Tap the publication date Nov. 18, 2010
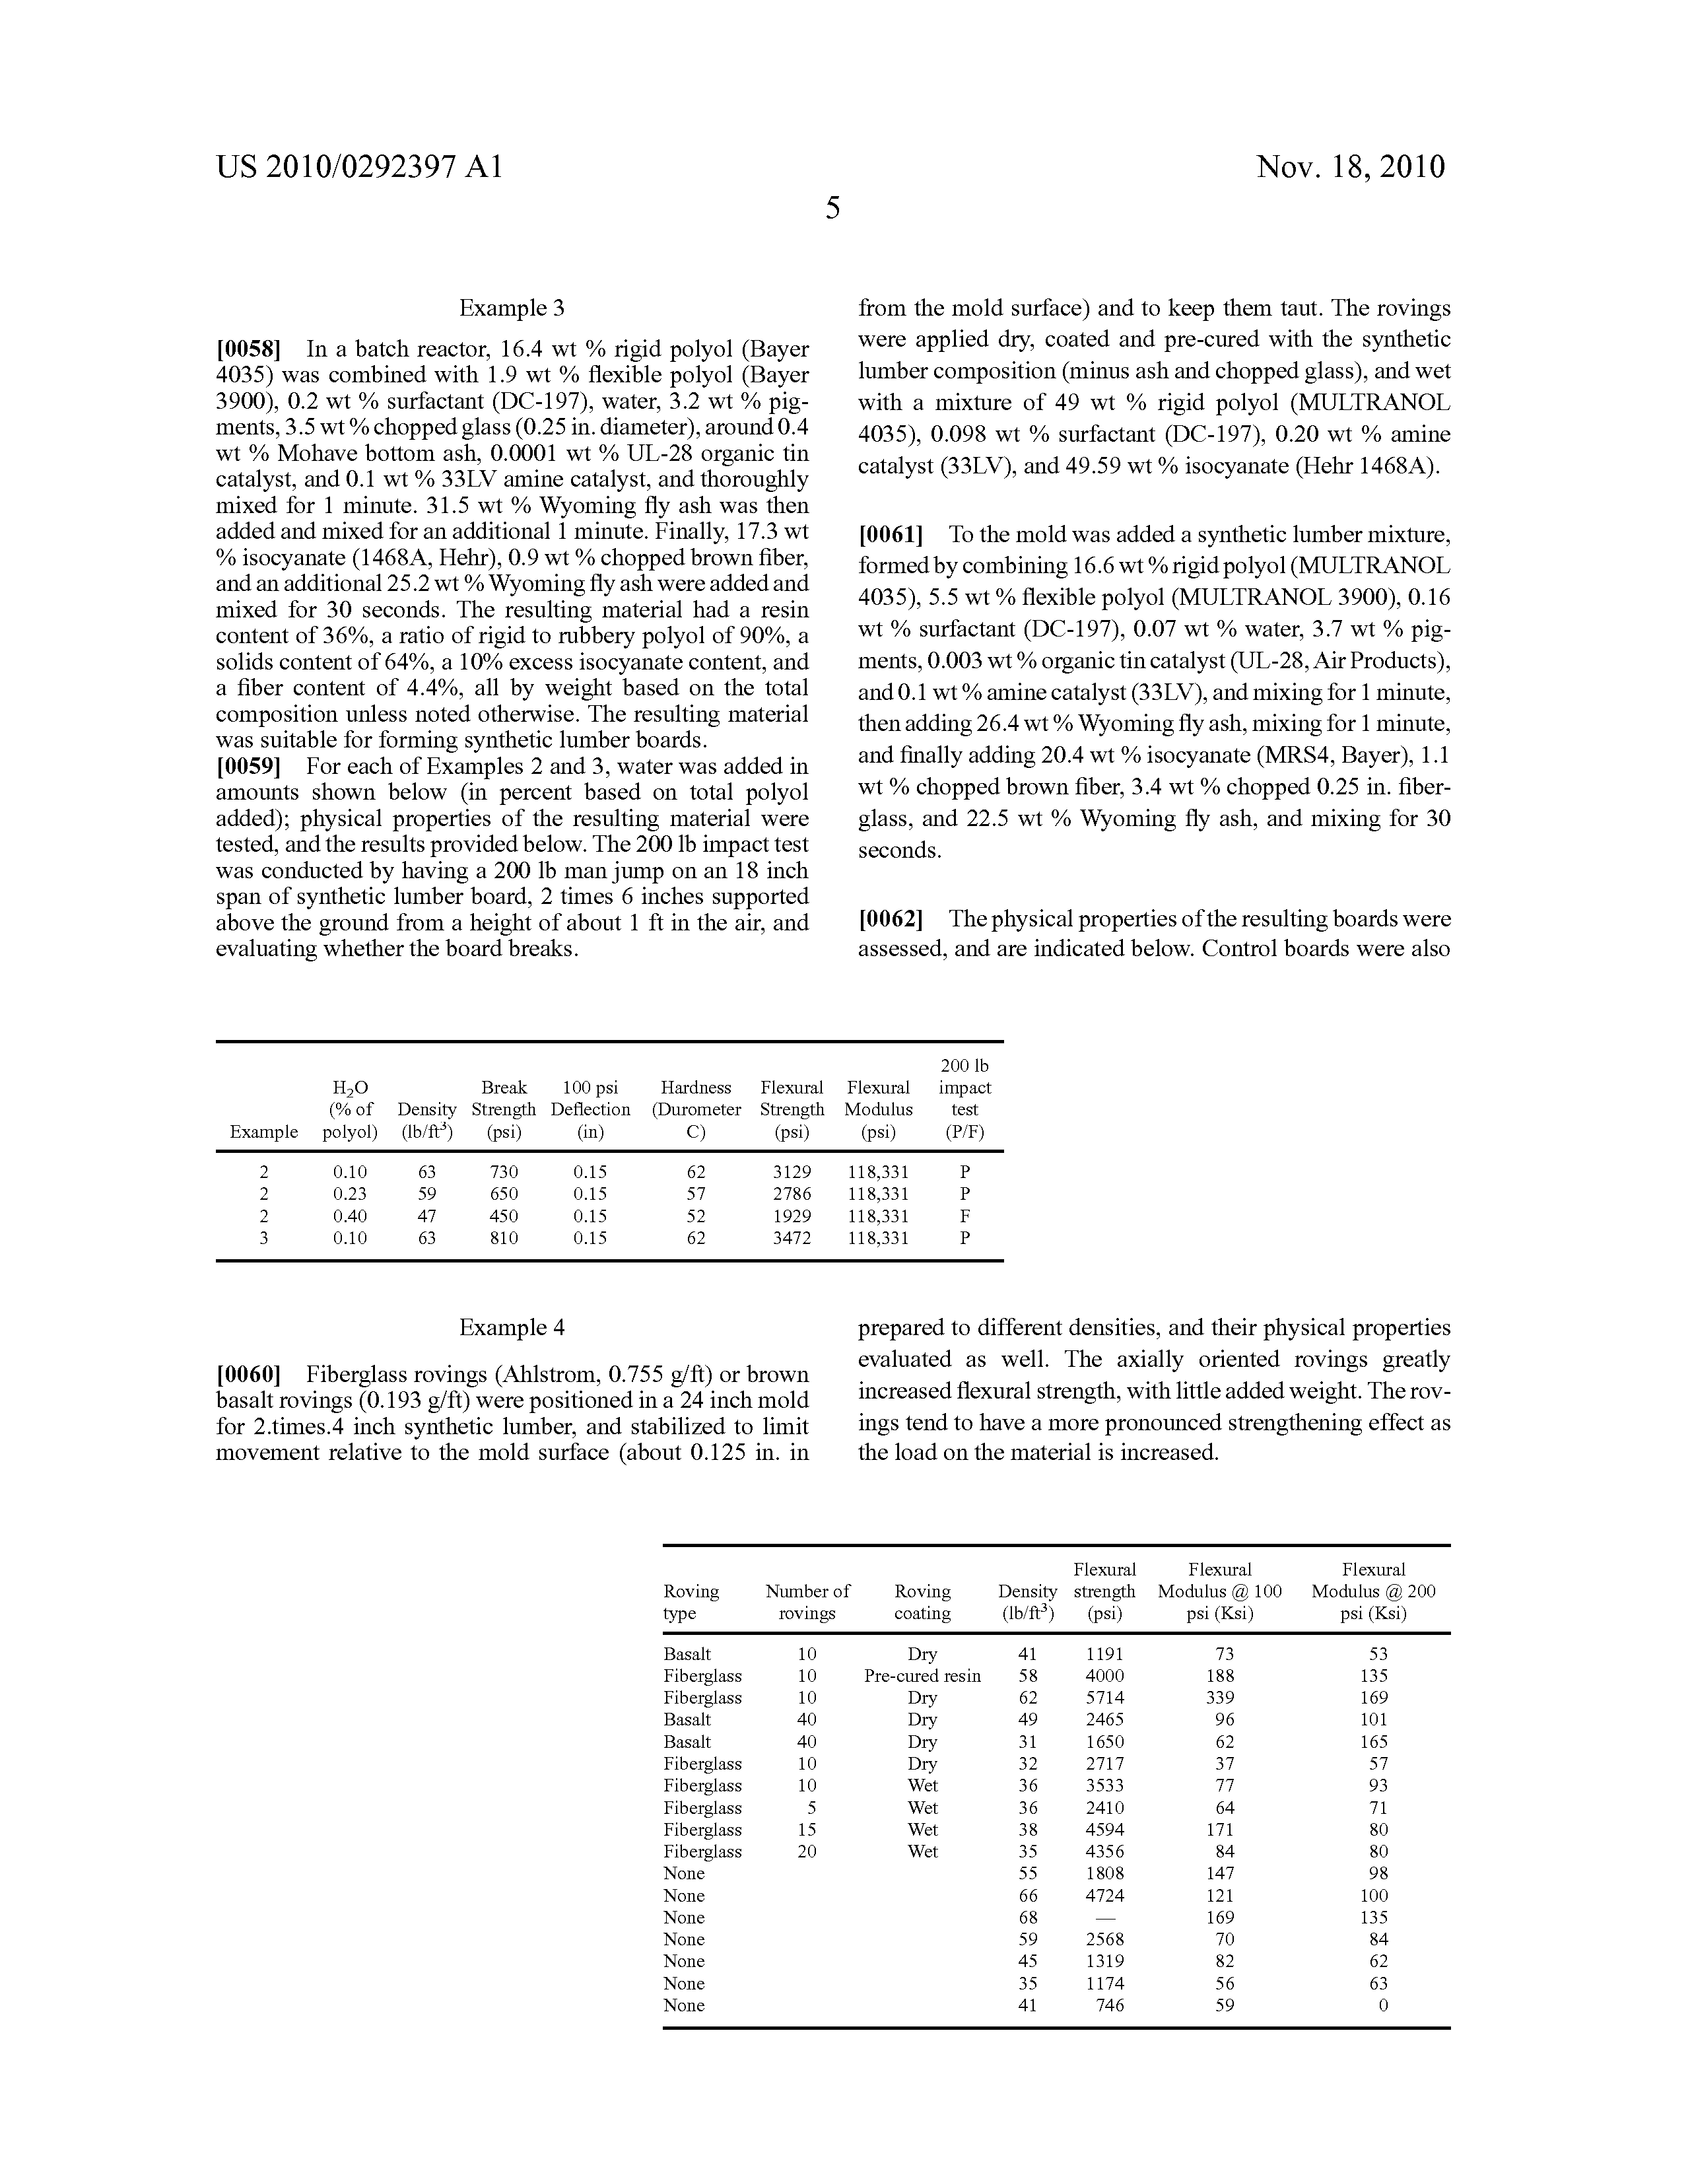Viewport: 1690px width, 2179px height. (1350, 166)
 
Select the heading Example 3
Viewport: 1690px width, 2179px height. (512, 308)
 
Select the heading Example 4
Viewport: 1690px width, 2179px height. (512, 1328)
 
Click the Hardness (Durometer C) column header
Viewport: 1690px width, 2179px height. (696, 1109)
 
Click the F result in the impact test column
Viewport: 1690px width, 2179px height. (964, 1216)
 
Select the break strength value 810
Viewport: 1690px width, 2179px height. (504, 1238)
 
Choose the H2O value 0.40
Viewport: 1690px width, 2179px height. (350, 1216)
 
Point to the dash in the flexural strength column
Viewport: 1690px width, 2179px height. (1104, 1918)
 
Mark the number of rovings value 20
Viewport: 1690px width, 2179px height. (807, 1851)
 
